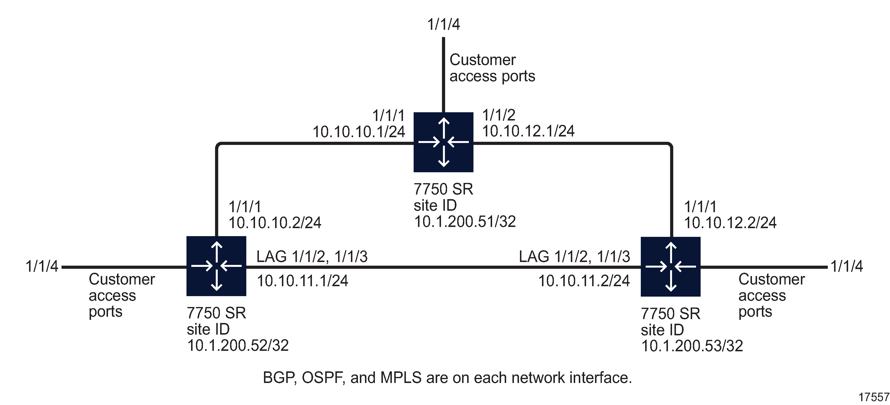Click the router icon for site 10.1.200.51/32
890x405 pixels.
pyautogui.click(x=443, y=142)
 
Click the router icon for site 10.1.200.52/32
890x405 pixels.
pyautogui.click(x=216, y=266)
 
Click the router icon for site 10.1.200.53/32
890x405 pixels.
pyautogui.click(x=670, y=267)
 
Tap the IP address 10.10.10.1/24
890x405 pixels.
pyautogui.click(x=359, y=132)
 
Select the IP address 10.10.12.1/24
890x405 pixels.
pyautogui.click(x=528, y=131)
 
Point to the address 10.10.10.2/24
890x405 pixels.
pyautogui.click(x=275, y=223)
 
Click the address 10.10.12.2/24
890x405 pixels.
pyautogui.click(x=730, y=223)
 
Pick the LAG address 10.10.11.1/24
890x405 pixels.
pyautogui.click(x=302, y=281)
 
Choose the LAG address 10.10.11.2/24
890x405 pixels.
pyautogui.click(x=584, y=281)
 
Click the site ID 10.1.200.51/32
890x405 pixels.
pyautogui.click(x=465, y=222)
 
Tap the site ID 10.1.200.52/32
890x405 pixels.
pyautogui.click(x=238, y=345)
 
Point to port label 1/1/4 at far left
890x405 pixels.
pyautogui.click(x=42, y=267)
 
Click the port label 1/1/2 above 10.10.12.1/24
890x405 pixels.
pyautogui.click(x=499, y=115)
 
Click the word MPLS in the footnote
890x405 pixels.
pyautogui.click(x=401, y=378)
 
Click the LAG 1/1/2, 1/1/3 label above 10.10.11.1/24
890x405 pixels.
pyautogui.click(x=312, y=256)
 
